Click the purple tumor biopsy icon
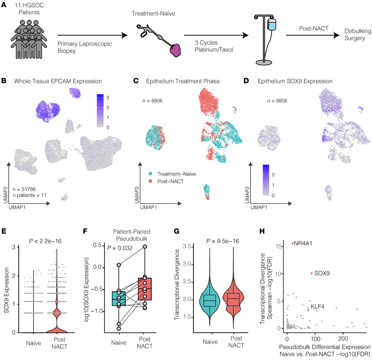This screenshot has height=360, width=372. [175, 50]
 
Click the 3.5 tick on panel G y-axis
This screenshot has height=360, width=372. [191, 247]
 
